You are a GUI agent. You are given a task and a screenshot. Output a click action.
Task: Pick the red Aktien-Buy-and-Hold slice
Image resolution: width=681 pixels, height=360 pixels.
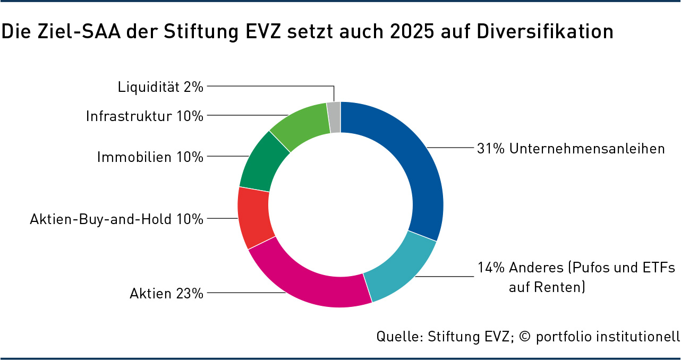[x=254, y=218]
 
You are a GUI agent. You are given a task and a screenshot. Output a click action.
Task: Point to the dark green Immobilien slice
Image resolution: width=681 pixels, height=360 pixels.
[x=263, y=162]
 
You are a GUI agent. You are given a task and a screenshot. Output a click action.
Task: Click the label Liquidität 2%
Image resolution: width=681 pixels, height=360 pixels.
[x=160, y=87]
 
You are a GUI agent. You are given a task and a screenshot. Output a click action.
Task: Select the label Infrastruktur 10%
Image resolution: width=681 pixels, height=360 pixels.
[x=144, y=116]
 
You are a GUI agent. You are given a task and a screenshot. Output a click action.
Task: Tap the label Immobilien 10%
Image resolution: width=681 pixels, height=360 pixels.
[x=150, y=157]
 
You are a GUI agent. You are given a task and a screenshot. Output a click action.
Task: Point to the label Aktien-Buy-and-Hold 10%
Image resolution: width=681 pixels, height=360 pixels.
[x=117, y=219]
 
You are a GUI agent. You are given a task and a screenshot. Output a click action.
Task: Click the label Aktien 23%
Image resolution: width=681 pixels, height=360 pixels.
[x=166, y=293]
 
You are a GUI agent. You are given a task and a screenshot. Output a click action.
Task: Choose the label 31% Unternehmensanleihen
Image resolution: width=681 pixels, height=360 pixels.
[x=571, y=149]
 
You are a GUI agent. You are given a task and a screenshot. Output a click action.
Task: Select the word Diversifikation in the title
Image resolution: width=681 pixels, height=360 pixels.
[x=545, y=32]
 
